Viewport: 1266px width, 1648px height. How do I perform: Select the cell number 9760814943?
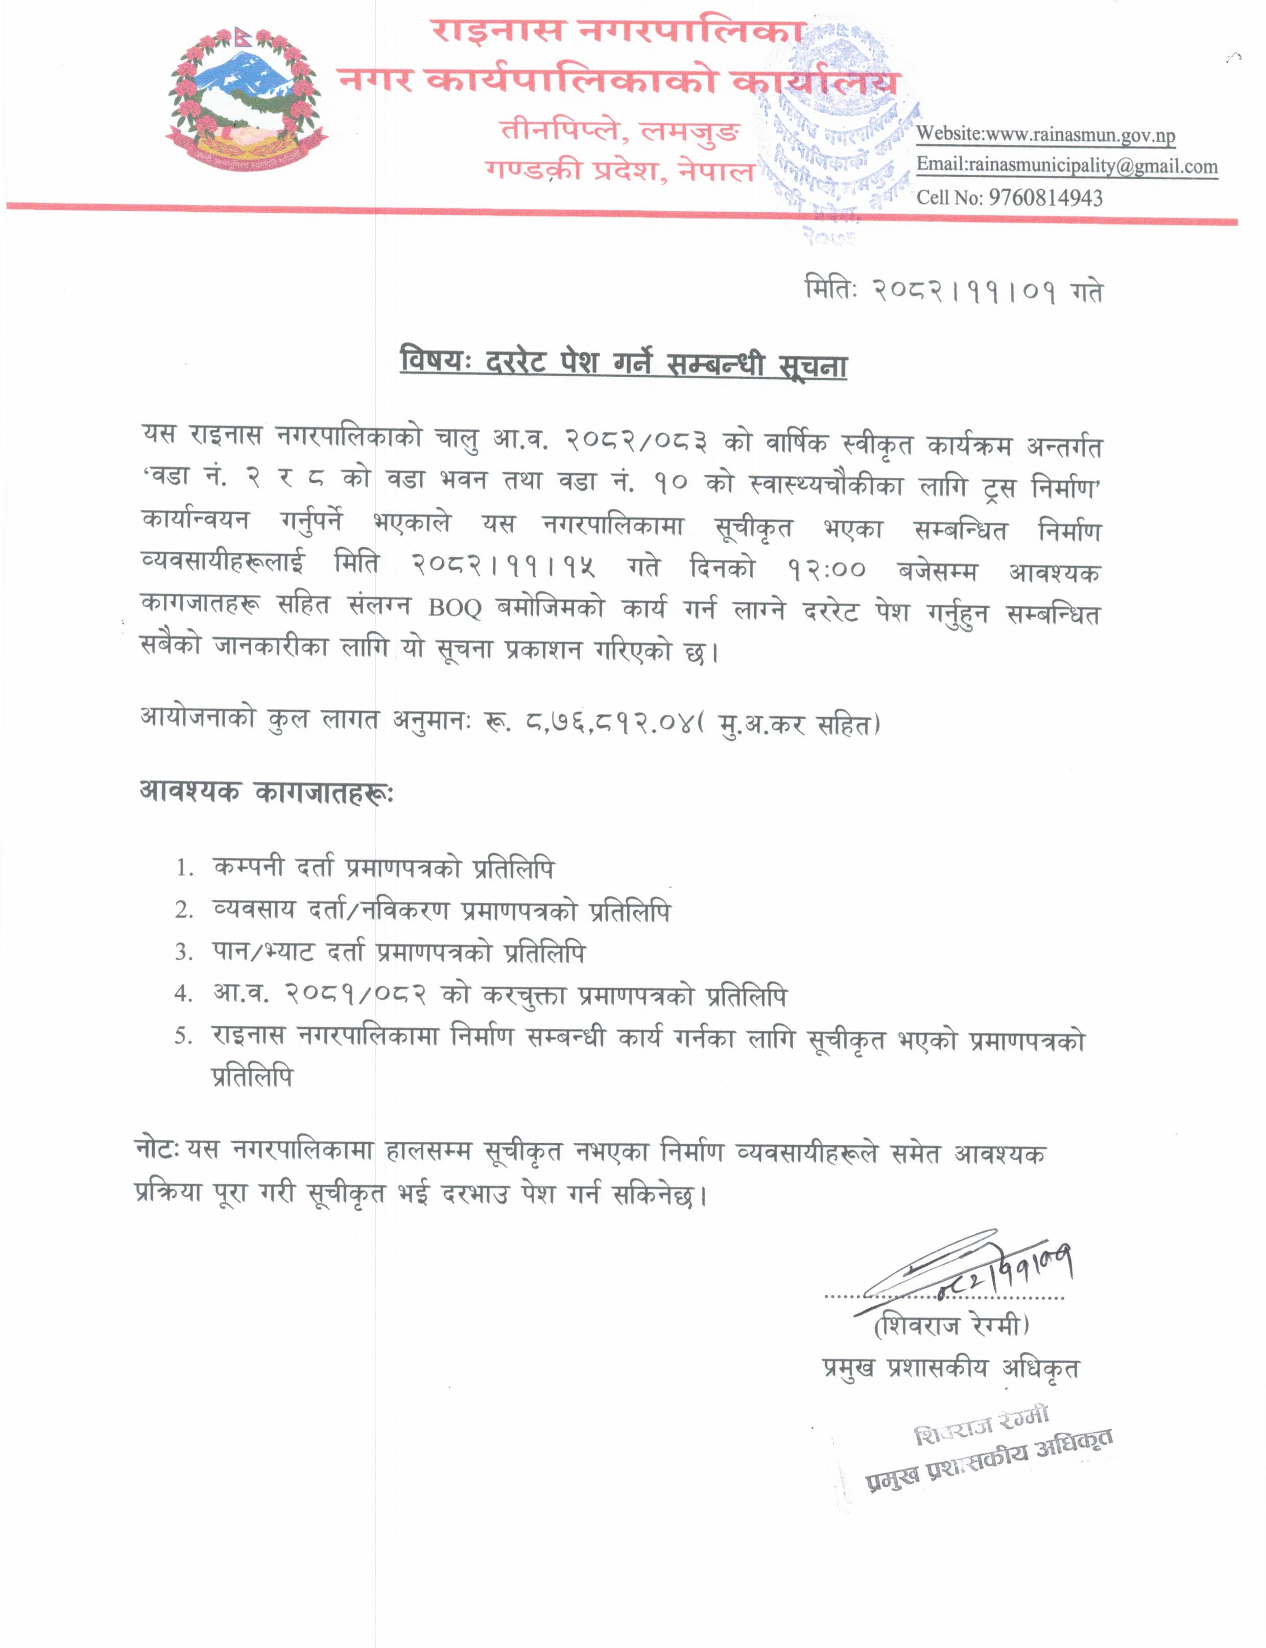(x=1045, y=198)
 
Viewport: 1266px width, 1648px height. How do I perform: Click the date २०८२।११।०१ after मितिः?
(x=964, y=290)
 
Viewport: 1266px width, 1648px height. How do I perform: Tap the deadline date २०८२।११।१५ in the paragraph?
(x=504, y=567)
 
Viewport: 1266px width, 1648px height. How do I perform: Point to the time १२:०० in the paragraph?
(x=827, y=568)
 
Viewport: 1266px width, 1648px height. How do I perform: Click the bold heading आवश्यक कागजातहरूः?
(x=266, y=793)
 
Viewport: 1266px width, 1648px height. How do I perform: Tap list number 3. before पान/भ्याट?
(x=185, y=953)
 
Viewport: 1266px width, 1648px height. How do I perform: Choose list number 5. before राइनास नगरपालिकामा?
(x=185, y=1037)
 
